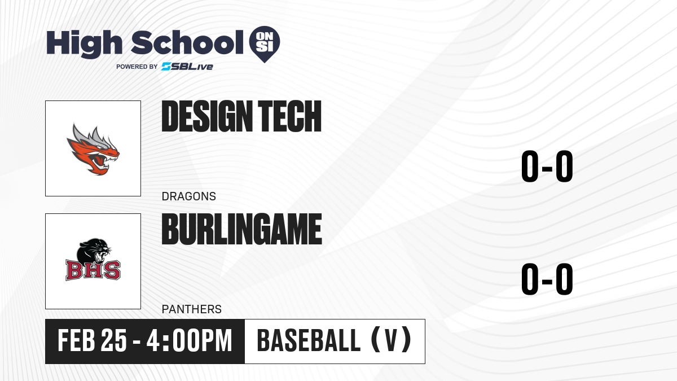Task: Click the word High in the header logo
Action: pos(84,43)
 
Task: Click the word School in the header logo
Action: pos(187,42)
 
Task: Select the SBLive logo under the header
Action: pos(187,67)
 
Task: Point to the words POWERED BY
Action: pos(137,67)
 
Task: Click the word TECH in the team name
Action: pos(289,116)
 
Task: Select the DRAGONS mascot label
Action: pos(189,196)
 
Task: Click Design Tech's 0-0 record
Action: pos(547,167)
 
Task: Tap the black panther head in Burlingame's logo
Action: pos(94,252)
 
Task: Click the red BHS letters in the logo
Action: pos(93,270)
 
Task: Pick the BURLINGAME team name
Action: pos(242,229)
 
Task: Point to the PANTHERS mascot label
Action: pos(192,309)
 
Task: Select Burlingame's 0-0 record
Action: pos(547,279)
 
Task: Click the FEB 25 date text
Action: pos(92,340)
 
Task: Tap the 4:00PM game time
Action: pos(189,340)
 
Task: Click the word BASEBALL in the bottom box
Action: pos(309,340)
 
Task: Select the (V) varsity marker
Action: pos(391,340)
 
